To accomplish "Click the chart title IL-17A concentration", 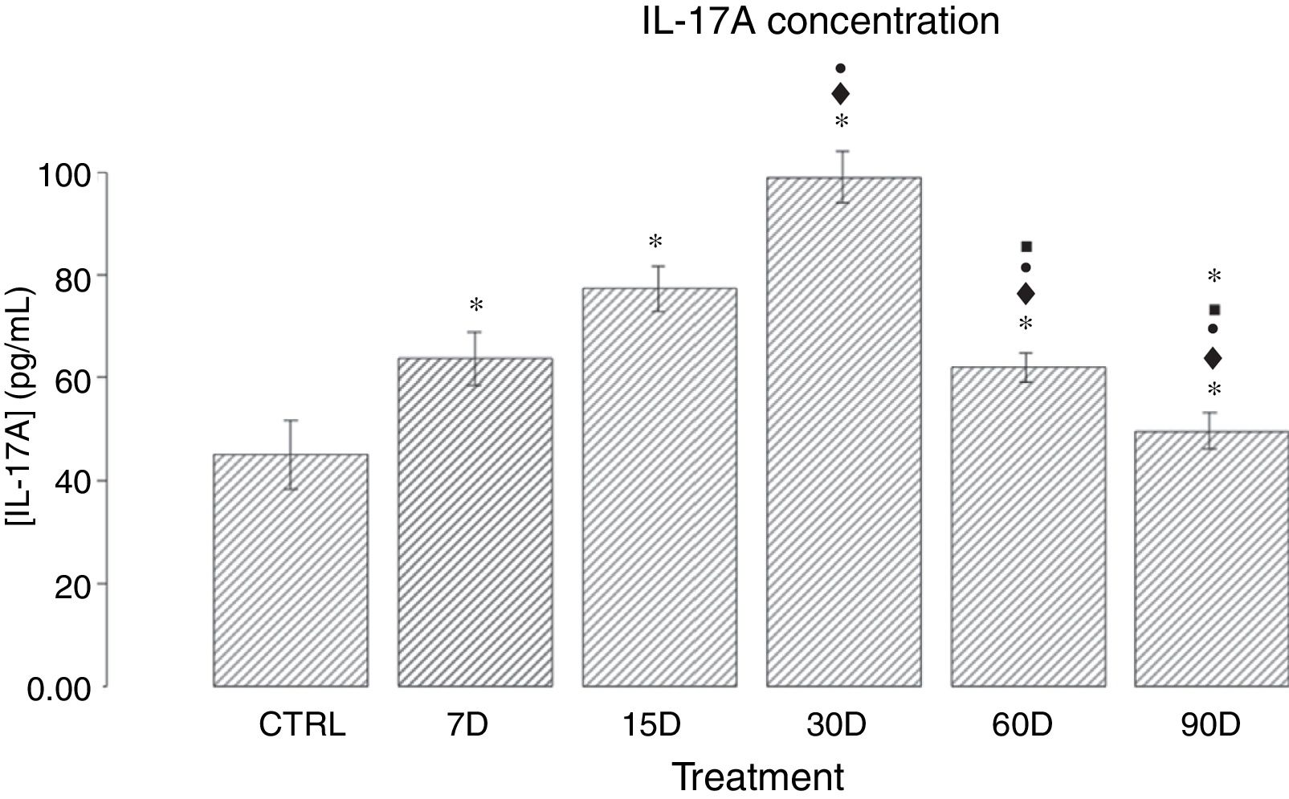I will pyautogui.click(x=820, y=22).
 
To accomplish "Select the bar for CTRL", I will pyautogui.click(x=291, y=570).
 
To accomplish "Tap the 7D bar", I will pyautogui.click(x=475, y=522).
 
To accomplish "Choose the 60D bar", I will pyautogui.click(x=1028, y=527).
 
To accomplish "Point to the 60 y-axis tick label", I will pyautogui.click(x=71, y=379).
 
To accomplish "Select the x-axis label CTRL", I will pyautogui.click(x=302, y=725).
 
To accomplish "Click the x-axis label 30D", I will pyautogui.click(x=836, y=725).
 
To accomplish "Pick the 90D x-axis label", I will pyautogui.click(x=1210, y=725).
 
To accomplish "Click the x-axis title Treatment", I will pyautogui.click(x=757, y=777).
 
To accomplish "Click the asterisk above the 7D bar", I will pyautogui.click(x=476, y=306).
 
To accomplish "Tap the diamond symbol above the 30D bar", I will pyautogui.click(x=841, y=94).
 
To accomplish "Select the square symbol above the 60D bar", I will pyautogui.click(x=1026, y=247).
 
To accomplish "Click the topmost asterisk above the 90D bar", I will pyautogui.click(x=1214, y=277).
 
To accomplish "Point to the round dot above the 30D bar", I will pyautogui.click(x=841, y=69).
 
